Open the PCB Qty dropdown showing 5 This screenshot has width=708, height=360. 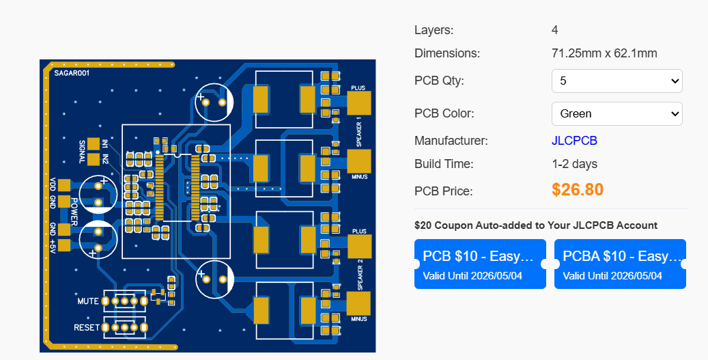point(617,81)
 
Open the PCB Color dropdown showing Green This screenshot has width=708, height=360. point(617,113)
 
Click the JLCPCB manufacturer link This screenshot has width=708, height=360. point(574,141)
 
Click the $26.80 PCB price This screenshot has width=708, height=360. point(577,189)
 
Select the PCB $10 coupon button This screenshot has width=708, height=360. point(480,264)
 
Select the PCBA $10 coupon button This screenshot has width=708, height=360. point(620,264)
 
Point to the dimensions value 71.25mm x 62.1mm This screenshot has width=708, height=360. point(604,53)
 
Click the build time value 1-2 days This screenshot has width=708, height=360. point(574,164)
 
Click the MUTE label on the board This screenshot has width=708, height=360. point(88,301)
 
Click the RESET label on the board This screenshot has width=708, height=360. point(87,328)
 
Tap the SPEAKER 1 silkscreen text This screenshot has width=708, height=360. point(359,131)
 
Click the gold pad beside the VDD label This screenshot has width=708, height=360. point(64,185)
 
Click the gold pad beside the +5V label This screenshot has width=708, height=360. point(64,245)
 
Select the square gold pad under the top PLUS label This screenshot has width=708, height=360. point(358,103)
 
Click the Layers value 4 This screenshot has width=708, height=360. point(555,30)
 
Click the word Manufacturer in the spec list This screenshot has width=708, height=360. point(451,141)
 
